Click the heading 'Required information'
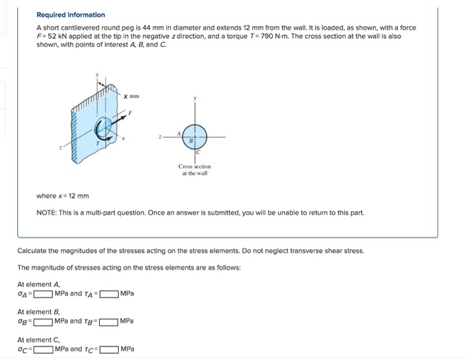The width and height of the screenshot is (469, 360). click(x=70, y=15)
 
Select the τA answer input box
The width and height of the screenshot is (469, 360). click(x=110, y=294)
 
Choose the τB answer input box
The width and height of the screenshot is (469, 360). click(x=110, y=321)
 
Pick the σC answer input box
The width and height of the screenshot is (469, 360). click(x=44, y=349)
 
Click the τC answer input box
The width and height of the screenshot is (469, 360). click(x=110, y=349)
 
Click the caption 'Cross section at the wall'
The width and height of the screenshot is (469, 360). click(x=194, y=170)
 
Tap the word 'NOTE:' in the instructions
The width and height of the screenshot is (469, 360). click(x=47, y=213)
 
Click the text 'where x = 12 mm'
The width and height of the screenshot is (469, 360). click(x=62, y=196)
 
